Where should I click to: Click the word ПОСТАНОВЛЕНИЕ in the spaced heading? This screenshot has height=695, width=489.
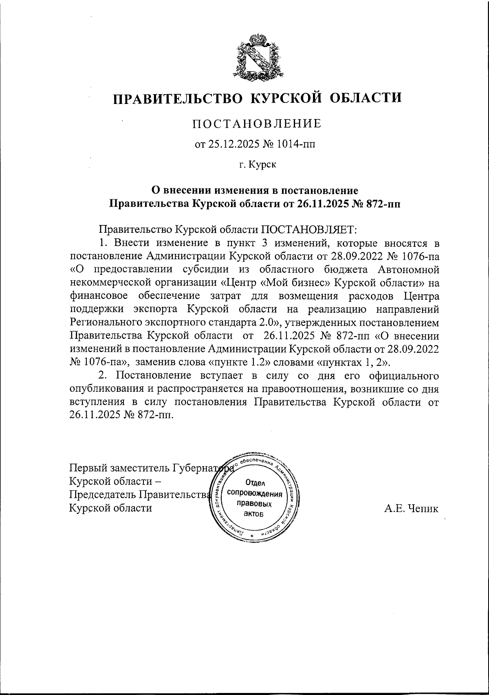pyautogui.click(x=257, y=124)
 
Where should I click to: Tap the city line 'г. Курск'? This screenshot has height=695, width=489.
pyautogui.click(x=257, y=165)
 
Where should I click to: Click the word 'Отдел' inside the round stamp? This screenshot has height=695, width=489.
pyautogui.click(x=256, y=483)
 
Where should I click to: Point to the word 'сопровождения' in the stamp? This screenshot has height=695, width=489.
pyautogui.click(x=256, y=493)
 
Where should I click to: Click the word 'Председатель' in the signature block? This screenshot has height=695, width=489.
pyautogui.click(x=103, y=495)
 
